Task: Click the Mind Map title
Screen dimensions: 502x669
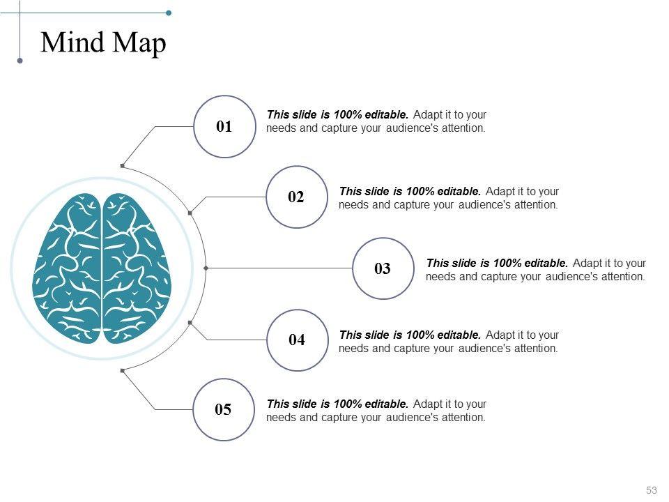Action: click(104, 43)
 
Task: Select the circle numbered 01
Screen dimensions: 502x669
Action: click(224, 126)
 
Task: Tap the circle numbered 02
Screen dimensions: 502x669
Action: click(296, 197)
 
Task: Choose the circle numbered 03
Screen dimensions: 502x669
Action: click(383, 268)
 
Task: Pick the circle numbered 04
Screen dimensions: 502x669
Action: click(297, 340)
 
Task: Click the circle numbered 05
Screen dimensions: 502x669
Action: click(223, 409)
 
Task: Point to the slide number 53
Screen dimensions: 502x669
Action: click(652, 490)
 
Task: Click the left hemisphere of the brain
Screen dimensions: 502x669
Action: click(68, 268)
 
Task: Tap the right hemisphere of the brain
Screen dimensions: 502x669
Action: click(137, 268)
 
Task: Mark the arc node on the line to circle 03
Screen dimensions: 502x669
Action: click(206, 268)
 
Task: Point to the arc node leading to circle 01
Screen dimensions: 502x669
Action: click(123, 165)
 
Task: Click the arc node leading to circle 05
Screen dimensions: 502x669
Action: click(123, 370)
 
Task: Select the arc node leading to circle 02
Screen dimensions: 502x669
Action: click(190, 211)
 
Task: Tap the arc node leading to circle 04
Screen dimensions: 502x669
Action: click(190, 323)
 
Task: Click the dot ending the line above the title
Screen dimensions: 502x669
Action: click(169, 13)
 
